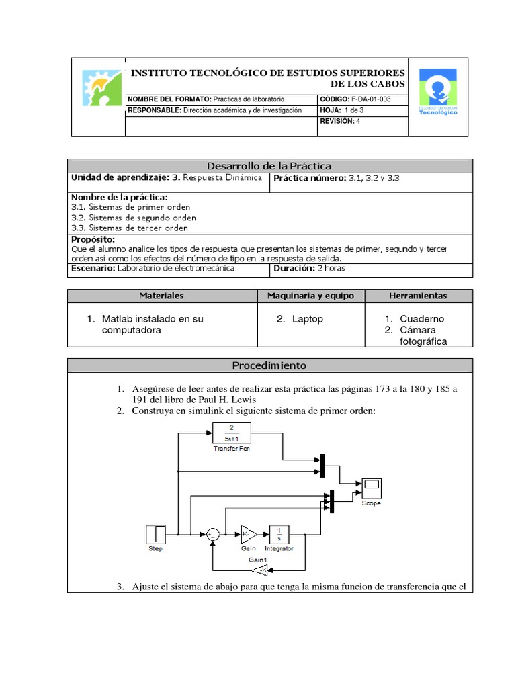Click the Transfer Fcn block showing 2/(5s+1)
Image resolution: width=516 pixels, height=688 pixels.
point(231,433)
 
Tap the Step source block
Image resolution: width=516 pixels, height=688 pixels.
point(155,534)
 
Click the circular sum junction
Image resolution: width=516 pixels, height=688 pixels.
point(212,535)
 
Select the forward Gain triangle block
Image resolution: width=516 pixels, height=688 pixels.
point(249,534)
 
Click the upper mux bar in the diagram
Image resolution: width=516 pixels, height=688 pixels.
point(322,466)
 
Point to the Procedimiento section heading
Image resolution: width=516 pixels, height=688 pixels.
point(269,365)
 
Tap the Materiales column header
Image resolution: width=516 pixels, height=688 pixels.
point(161,296)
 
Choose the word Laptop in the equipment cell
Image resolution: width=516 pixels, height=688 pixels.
point(307,319)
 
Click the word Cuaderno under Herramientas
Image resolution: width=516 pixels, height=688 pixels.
point(422,319)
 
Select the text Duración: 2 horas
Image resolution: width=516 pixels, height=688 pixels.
point(310,269)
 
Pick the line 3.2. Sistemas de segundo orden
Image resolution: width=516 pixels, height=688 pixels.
point(134,218)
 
